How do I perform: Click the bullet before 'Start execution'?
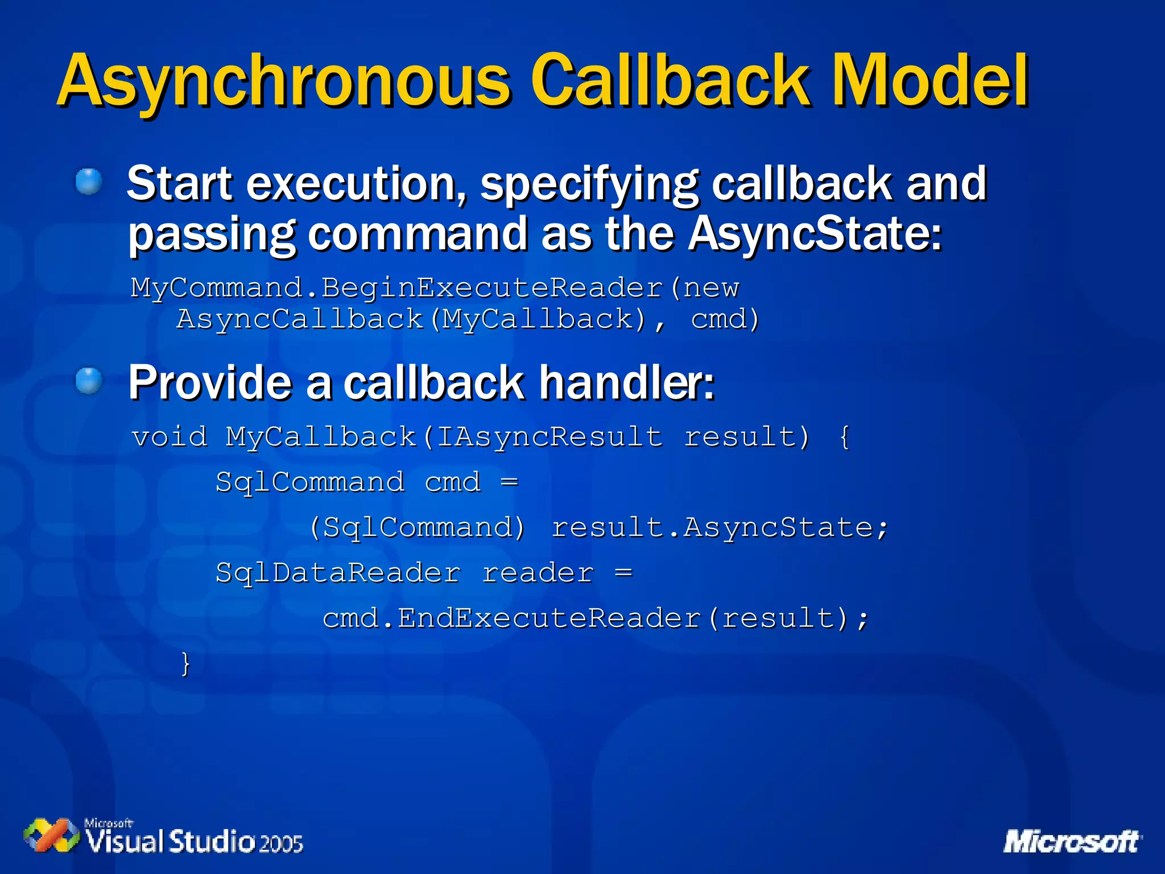[x=89, y=182]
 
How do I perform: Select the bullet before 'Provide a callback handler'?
[x=89, y=381]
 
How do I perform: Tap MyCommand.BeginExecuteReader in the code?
[x=397, y=287]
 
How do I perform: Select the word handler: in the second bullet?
[x=626, y=382]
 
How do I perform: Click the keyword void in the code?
[x=170, y=437]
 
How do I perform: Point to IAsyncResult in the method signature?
[x=550, y=437]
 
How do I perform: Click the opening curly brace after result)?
[x=845, y=437]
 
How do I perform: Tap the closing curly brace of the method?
[x=185, y=663]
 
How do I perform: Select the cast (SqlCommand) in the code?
[x=417, y=527]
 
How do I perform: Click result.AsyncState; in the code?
[x=719, y=527]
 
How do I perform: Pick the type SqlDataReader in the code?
[x=338, y=572]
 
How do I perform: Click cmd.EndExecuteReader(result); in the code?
[x=596, y=618]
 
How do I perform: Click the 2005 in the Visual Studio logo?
[x=281, y=843]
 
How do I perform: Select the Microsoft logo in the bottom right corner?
[x=1072, y=842]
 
